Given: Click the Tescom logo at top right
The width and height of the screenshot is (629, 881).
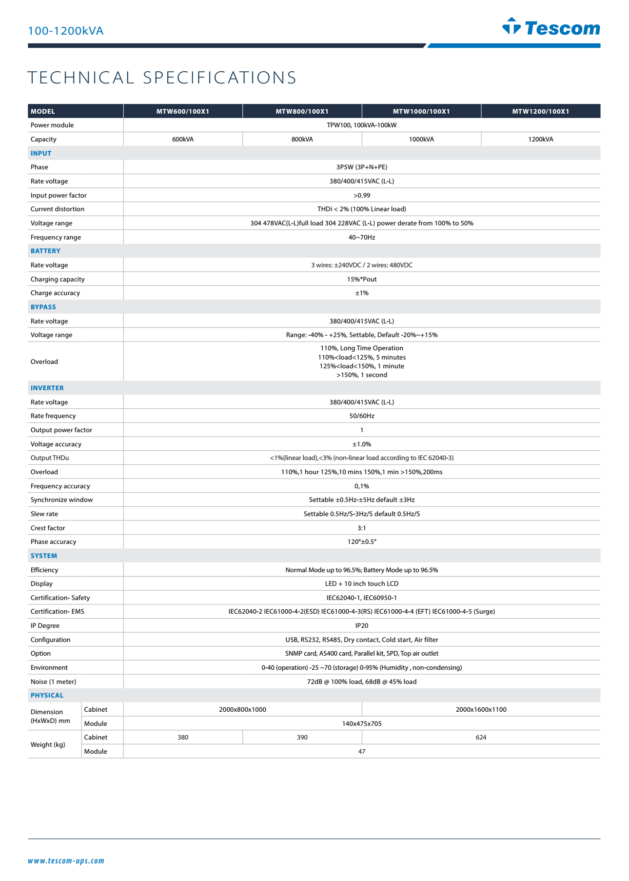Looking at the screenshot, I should (x=551, y=27).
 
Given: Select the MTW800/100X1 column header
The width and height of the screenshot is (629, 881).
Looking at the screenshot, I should (x=302, y=111).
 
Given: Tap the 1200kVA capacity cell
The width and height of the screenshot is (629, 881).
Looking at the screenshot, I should (x=540, y=139).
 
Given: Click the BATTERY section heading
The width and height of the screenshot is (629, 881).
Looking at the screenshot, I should (x=45, y=251).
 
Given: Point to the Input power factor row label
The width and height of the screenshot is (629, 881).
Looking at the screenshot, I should (x=59, y=195).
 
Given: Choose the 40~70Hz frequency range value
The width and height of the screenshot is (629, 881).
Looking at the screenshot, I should (x=361, y=237).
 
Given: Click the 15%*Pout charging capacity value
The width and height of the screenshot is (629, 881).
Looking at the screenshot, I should (x=361, y=279).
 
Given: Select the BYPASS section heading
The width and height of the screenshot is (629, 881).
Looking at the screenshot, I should (x=43, y=307).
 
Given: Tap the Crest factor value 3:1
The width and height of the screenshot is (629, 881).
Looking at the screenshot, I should (x=361, y=528).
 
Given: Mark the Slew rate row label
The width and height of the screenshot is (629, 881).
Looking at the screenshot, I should (x=44, y=514).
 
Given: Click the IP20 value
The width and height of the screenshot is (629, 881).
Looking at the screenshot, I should (x=361, y=625).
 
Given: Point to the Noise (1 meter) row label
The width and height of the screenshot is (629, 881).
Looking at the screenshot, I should (x=53, y=681).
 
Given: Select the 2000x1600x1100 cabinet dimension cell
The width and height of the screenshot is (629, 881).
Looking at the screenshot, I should (x=481, y=709).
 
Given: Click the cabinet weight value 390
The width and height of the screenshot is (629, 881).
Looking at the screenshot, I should (x=302, y=737).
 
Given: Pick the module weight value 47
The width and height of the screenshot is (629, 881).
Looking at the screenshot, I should (x=361, y=751).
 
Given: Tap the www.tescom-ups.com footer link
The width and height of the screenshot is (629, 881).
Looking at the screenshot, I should (x=66, y=861).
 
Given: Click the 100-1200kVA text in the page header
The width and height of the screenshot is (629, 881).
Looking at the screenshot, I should (x=66, y=31).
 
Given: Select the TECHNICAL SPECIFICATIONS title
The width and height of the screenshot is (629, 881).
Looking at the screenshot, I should (x=162, y=78).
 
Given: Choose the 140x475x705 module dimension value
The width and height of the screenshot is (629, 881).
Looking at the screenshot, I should (x=361, y=723).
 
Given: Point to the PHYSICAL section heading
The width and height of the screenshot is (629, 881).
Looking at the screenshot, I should (x=47, y=695).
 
